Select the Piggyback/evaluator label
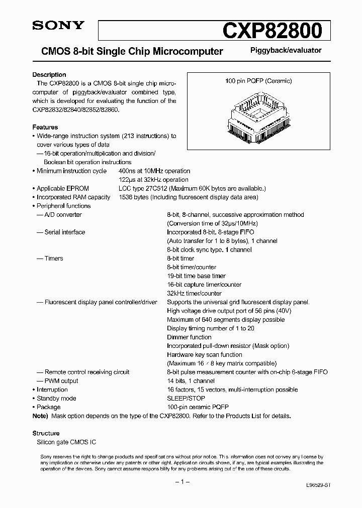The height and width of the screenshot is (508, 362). [x=286, y=50]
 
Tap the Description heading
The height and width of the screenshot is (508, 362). [x=49, y=75]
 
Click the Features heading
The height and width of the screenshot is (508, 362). [x=45, y=128]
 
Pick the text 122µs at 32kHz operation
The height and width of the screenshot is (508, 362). [x=153, y=180]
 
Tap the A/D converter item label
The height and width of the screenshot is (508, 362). [x=63, y=215]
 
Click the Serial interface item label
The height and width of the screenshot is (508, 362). [x=64, y=232]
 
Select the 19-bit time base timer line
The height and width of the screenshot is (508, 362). [x=196, y=276]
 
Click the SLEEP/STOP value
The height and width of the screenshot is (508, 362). [x=186, y=399]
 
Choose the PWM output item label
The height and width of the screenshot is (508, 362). [x=61, y=381]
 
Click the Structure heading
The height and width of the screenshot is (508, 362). [x=46, y=433]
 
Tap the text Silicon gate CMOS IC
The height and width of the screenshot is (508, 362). [x=66, y=442]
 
